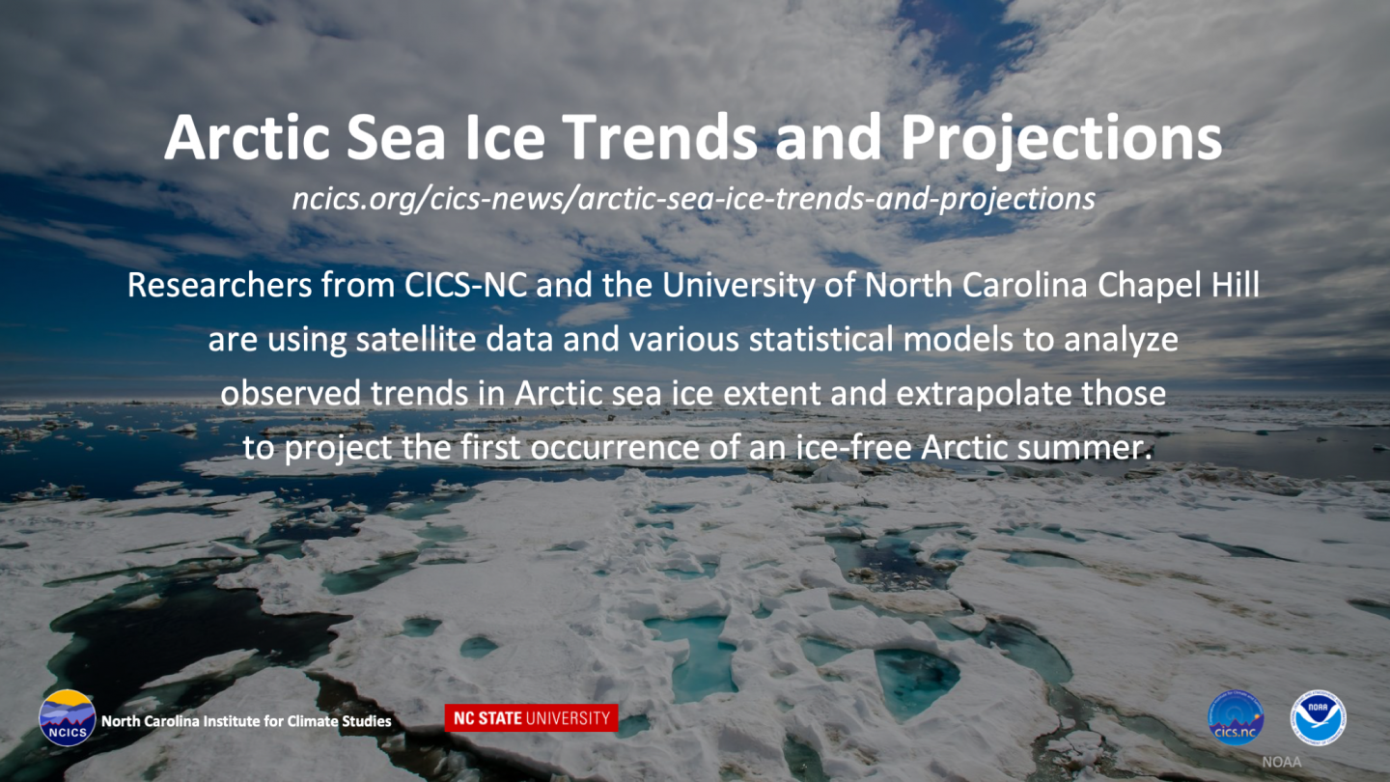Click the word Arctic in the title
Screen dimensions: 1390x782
246,137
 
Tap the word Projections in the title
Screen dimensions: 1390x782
1061,142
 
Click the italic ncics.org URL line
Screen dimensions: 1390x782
694,199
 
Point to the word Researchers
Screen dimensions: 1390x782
220,285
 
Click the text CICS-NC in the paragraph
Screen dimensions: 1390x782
465,285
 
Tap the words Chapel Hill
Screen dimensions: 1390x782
1179,286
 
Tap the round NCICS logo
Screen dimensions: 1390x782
67,718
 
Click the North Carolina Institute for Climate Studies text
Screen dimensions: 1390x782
246,721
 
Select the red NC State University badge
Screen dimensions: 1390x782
531,718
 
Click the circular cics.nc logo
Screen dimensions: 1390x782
1236,717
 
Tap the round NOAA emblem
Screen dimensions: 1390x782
1318,717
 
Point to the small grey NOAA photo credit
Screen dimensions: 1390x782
1282,762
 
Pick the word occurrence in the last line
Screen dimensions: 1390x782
615,448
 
